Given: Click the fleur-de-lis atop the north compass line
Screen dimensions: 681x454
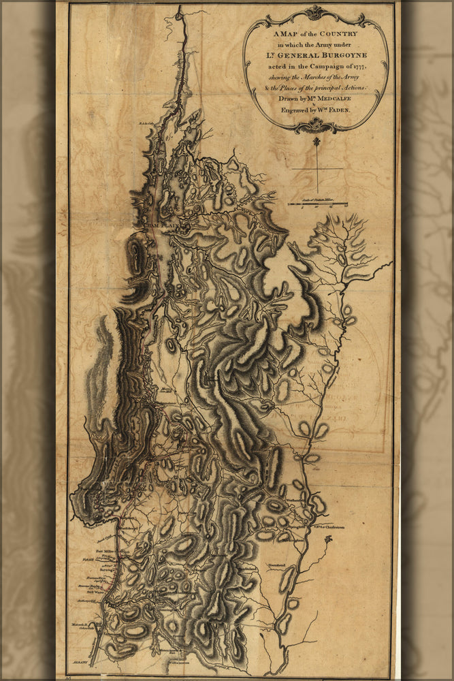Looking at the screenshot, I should click(317, 142).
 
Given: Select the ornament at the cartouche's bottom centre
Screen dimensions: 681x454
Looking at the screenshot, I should click(316, 125).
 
